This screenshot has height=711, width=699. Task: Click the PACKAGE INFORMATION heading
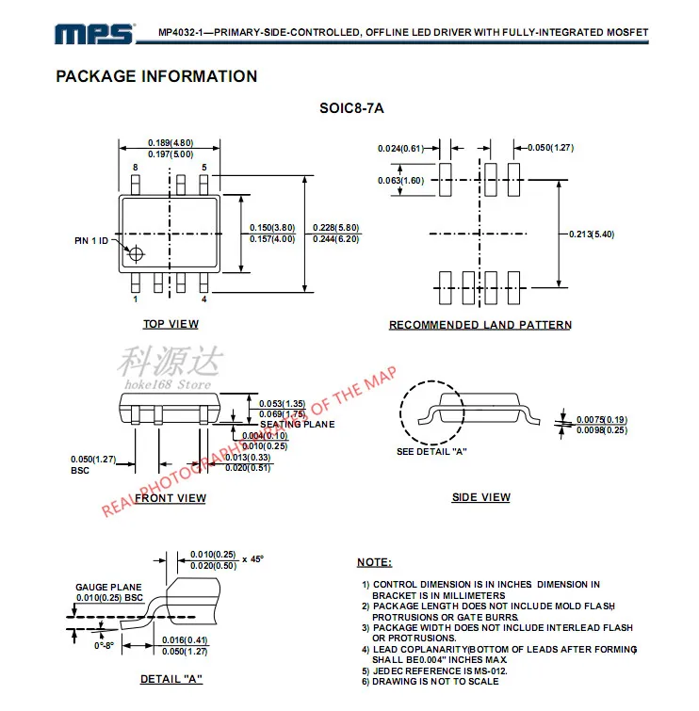tap(156, 76)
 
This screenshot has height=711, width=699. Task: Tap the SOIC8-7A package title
tap(351, 108)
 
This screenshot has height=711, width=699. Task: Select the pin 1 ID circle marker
tap(138, 253)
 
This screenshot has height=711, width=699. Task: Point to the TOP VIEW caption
tap(171, 324)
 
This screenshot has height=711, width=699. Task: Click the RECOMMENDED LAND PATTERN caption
tap(480, 325)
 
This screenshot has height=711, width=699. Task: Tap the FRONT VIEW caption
tap(171, 498)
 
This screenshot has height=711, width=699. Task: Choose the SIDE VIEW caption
tap(481, 497)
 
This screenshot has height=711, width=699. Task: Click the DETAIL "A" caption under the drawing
tap(171, 679)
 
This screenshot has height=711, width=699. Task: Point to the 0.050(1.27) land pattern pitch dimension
tap(551, 148)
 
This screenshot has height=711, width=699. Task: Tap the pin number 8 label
tap(136, 168)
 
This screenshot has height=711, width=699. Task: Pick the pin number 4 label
tap(203, 299)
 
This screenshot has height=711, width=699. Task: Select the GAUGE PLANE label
tap(108, 587)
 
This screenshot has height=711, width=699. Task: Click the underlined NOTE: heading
tap(374, 562)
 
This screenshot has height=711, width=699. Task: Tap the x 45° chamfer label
tap(252, 558)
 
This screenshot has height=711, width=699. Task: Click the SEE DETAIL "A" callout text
tap(432, 451)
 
